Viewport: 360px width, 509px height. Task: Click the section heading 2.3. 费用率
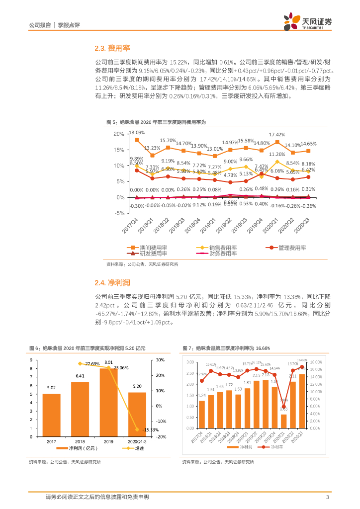(x=112, y=48)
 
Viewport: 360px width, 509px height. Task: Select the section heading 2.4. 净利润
(x=112, y=283)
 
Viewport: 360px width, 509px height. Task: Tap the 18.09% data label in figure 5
(x=137, y=133)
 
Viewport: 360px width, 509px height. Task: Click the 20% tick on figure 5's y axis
(x=119, y=134)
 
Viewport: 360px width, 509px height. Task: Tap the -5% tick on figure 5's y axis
(x=119, y=213)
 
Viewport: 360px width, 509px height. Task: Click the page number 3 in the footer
(x=327, y=497)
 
